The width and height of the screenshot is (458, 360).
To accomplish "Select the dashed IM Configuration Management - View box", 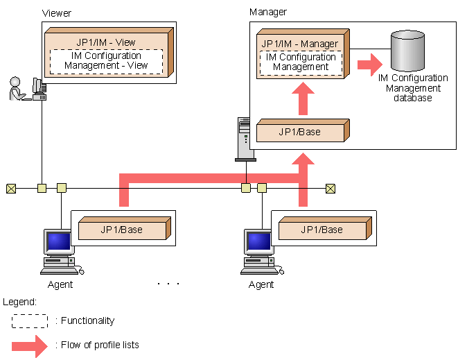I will tap(106, 61).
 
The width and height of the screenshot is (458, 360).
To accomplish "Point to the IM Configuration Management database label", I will tap(413, 88).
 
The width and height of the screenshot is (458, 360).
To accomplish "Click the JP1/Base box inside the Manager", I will tap(300, 132).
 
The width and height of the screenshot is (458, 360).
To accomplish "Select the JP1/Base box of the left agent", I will tap(121, 230).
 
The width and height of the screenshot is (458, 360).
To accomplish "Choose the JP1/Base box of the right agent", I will tap(322, 230).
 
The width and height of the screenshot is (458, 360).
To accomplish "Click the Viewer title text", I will tap(57, 13).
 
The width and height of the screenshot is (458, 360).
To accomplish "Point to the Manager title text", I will tap(267, 12).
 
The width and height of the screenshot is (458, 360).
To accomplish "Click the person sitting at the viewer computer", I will tap(17, 89).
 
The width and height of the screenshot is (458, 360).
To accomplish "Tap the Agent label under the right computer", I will tap(261, 284).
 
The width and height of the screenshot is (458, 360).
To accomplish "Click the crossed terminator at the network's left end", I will tap(11, 187).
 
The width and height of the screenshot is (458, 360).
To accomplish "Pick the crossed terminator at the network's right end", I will tap(331, 187).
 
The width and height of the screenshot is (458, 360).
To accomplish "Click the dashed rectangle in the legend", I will tap(30, 320).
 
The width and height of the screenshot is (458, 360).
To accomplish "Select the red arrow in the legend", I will tap(31, 345).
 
